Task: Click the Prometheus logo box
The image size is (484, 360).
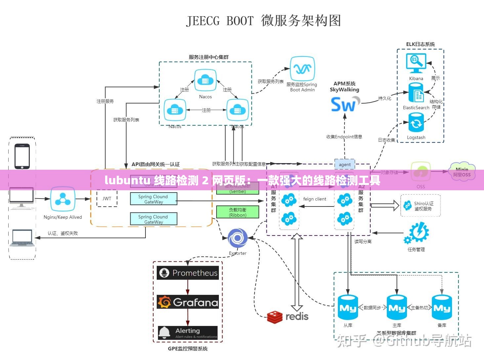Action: coord(187,273)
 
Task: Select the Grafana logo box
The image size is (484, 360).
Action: coord(187,302)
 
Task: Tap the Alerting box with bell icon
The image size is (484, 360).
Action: coord(187,333)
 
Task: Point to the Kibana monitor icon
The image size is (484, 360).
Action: coord(416,63)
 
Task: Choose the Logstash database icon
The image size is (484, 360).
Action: coord(416,123)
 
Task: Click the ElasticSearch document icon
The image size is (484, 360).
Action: coord(416,93)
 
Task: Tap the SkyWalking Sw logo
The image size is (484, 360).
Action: coord(345,104)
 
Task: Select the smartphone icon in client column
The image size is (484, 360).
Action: coord(22,156)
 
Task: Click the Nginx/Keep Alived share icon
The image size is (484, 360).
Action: coord(62,199)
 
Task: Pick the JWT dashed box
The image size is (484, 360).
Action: coord(107,199)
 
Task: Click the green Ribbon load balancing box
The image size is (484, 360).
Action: coord(237,212)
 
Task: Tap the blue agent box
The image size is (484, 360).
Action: coord(344,164)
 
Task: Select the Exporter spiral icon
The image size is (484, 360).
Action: coord(237,238)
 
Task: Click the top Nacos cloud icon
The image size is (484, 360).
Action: coord(205,80)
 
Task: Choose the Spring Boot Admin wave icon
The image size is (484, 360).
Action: coord(302,68)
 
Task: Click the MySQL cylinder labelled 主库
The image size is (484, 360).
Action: coord(397,308)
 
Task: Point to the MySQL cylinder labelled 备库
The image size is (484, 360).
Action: coord(442,308)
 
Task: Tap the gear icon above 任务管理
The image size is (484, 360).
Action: coord(417,233)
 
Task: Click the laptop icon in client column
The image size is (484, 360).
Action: coord(22,238)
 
